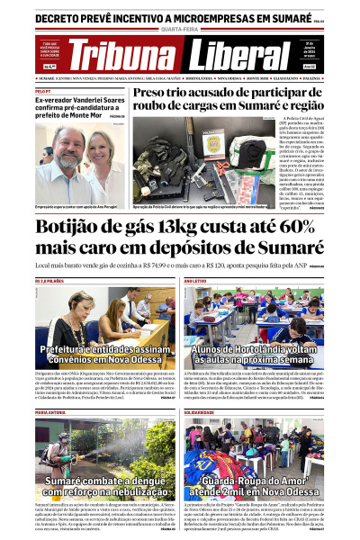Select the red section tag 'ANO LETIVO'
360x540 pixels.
point(195,282)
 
